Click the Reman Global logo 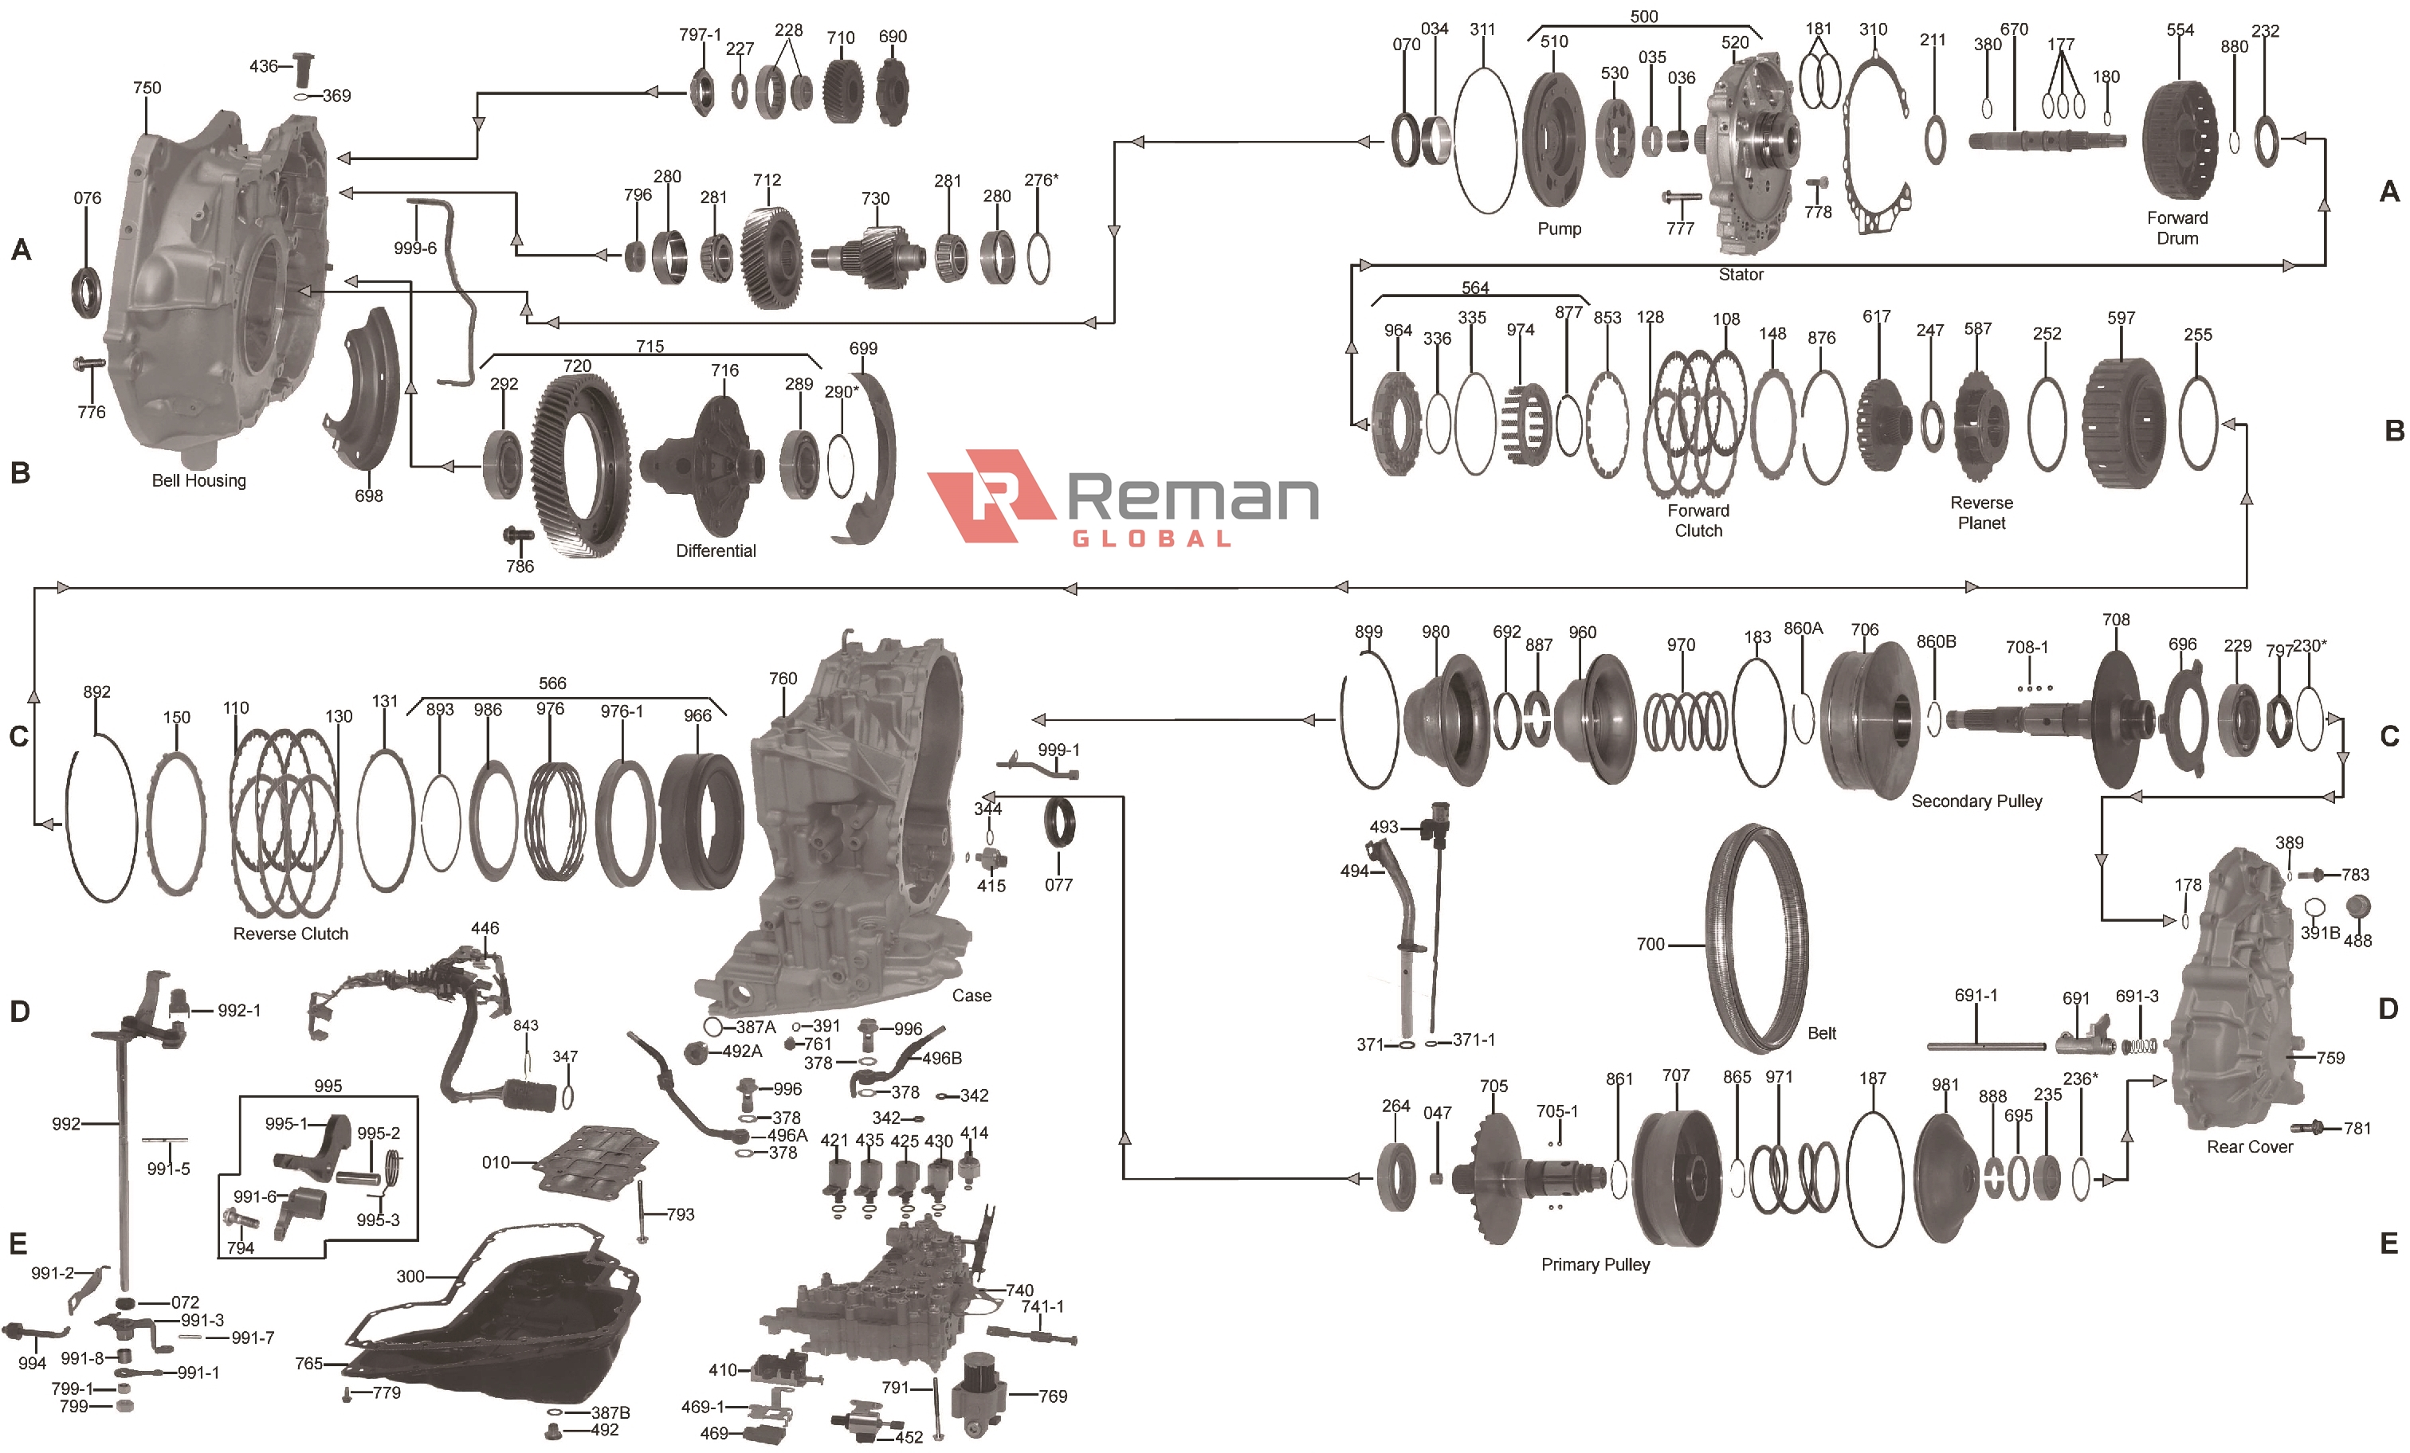[1123, 498]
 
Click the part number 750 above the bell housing [147, 88]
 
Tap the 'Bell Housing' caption [198, 480]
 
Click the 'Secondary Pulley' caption [1976, 801]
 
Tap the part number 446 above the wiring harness [485, 928]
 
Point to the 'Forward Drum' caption [2176, 228]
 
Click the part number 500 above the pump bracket [1643, 17]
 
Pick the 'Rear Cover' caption [2249, 1147]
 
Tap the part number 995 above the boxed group [328, 1085]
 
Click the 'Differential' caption [715, 550]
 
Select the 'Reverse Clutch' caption [290, 934]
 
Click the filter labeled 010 [597, 1164]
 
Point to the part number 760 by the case [783, 679]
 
